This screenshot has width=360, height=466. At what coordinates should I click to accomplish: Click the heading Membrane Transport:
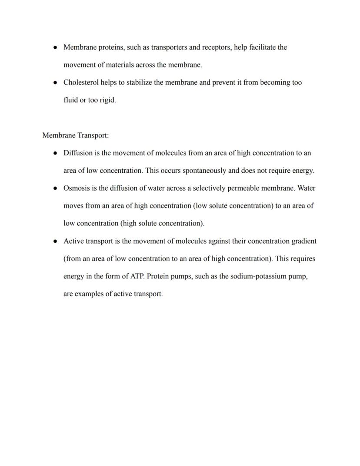(75, 135)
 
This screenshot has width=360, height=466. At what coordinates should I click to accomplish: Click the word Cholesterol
(81, 82)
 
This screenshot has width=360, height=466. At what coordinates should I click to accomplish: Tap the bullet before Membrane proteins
(55, 47)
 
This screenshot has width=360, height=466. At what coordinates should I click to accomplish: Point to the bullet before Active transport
(55, 241)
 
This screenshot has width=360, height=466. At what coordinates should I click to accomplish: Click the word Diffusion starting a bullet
(77, 153)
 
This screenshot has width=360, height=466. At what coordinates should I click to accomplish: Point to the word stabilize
(139, 82)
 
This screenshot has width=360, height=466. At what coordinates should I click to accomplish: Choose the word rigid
(107, 100)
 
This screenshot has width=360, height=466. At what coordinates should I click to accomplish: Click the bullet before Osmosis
(55, 188)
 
